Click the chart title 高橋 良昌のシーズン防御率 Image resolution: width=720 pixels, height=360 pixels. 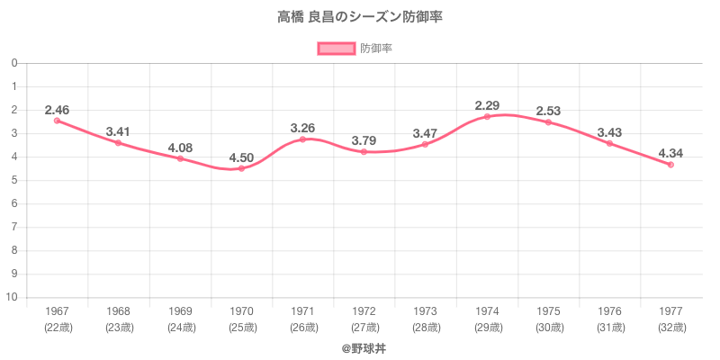(x=360, y=16)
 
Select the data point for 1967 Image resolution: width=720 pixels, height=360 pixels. (x=57, y=121)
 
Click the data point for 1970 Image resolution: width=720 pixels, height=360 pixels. (x=241, y=168)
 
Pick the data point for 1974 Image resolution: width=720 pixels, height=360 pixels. (x=487, y=117)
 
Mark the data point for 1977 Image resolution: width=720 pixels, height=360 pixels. (x=670, y=165)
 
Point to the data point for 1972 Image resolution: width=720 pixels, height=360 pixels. (x=364, y=152)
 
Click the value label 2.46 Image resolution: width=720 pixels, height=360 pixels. (x=57, y=110)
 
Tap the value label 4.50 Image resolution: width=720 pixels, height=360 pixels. (x=241, y=157)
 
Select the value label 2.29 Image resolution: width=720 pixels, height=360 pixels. (x=487, y=105)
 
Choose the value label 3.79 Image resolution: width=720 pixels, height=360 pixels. (x=364, y=140)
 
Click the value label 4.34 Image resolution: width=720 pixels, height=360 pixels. (x=670, y=153)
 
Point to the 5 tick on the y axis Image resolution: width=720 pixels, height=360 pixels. (x=15, y=180)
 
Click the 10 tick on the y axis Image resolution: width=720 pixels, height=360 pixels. (x=13, y=298)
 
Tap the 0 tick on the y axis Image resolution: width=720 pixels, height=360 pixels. (x=15, y=63)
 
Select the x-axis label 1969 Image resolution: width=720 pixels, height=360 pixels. (x=180, y=311)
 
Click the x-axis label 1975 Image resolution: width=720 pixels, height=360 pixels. (x=548, y=311)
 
